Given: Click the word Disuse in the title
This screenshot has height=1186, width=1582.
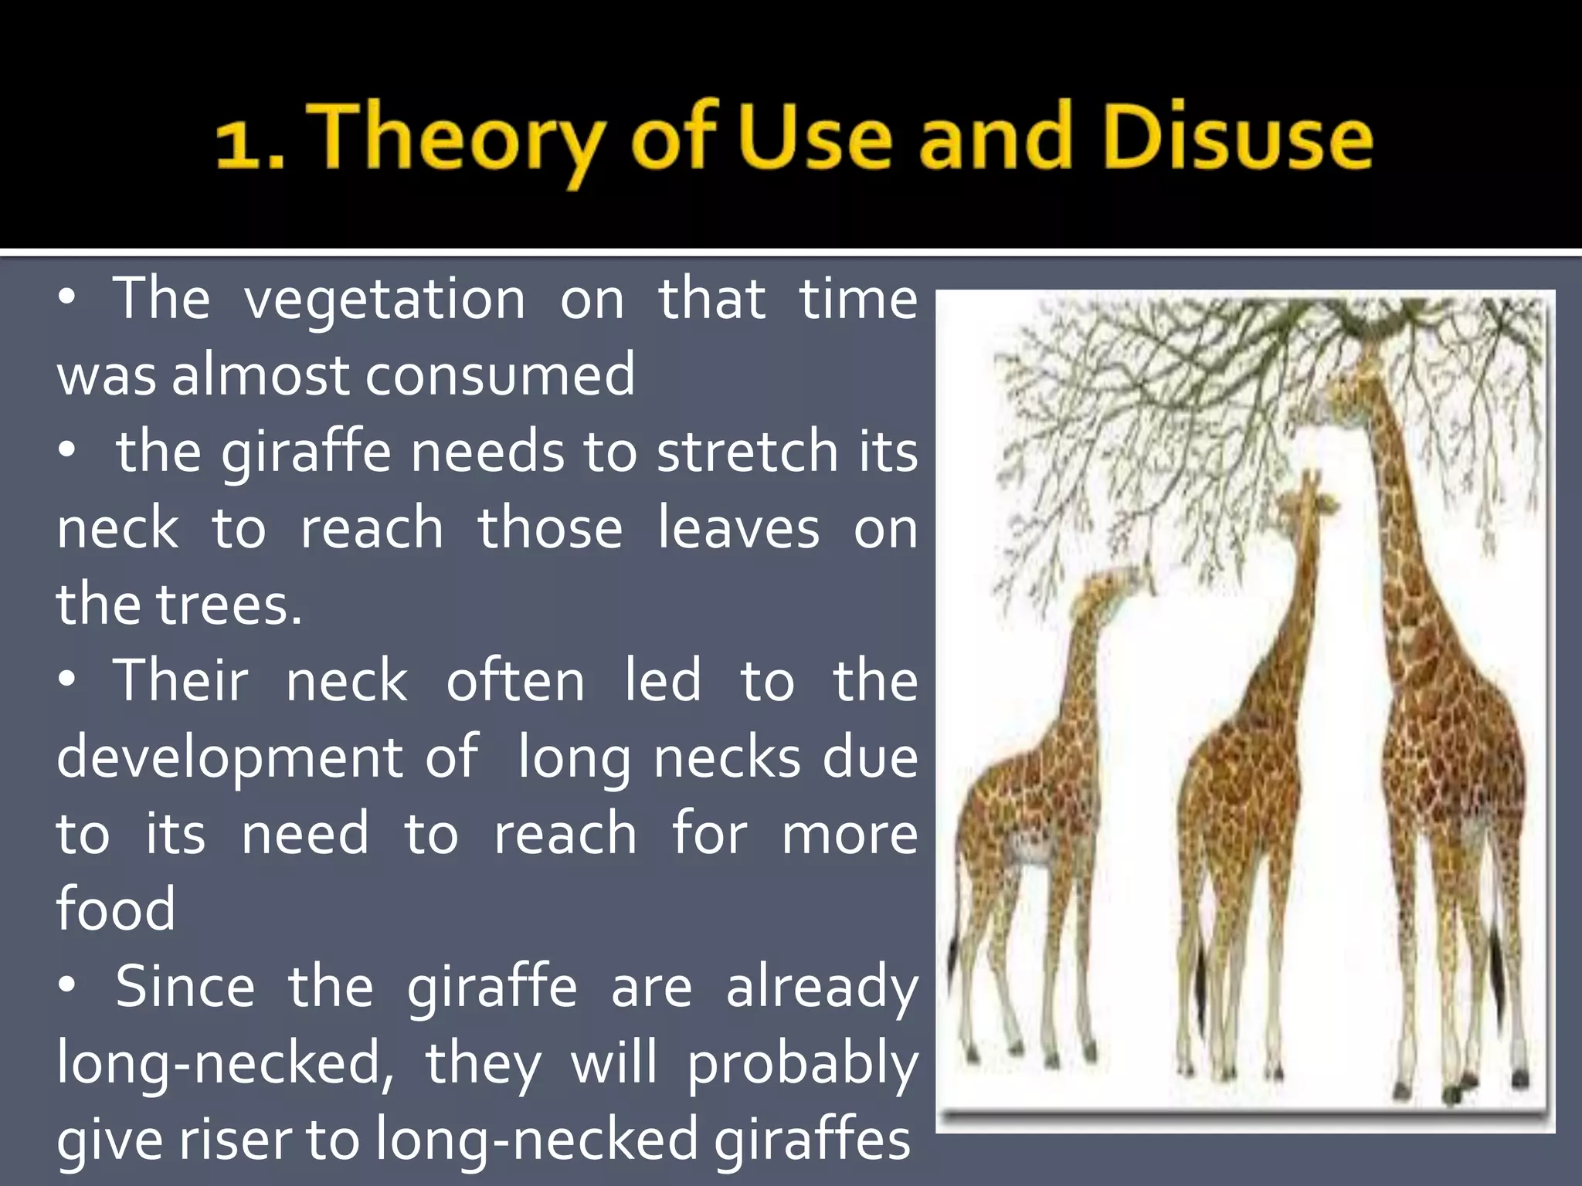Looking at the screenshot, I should pos(1238,139).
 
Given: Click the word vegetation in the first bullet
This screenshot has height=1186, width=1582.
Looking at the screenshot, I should pos(385,300).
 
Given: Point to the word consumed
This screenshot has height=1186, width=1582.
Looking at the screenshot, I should pos(500,374).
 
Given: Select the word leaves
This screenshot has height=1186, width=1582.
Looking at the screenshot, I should pos(738,529).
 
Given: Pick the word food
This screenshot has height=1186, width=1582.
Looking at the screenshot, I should pos(116,910).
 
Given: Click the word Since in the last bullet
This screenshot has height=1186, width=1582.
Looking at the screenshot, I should pos(185,987).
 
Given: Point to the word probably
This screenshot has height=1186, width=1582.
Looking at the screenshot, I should pos(802,1064).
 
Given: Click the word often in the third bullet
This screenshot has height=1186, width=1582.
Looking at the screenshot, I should pos(515,681).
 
